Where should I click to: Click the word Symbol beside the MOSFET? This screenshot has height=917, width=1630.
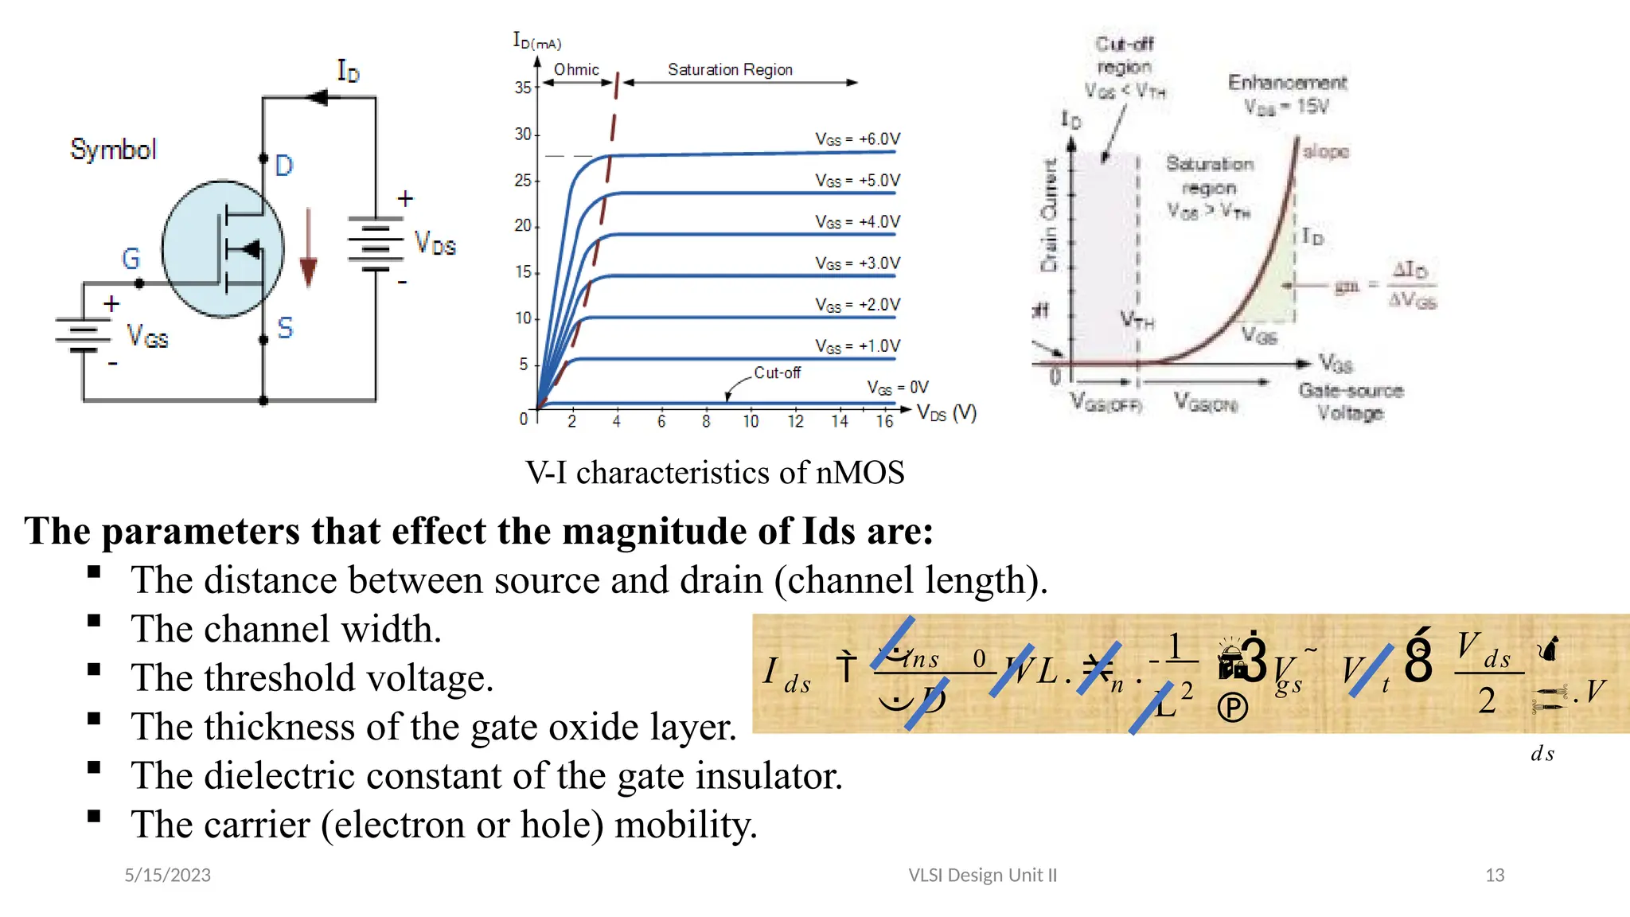113,149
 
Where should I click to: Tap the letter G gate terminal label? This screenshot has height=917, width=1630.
131,258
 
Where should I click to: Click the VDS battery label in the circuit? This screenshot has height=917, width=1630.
435,243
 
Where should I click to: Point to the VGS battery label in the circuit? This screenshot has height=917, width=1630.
147,336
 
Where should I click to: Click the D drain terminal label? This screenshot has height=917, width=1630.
284,166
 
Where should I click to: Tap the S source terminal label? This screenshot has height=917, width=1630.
285,327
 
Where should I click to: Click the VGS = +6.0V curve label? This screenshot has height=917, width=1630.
857,139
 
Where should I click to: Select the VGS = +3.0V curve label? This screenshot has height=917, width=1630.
857,263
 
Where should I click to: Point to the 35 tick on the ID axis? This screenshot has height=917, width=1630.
522,88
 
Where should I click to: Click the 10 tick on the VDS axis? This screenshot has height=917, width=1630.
751,421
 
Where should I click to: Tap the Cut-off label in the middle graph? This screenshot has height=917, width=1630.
777,373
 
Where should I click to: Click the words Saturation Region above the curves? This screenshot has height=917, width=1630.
730,70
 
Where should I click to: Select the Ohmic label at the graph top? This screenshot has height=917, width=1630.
576,70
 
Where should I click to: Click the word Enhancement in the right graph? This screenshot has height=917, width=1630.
1287,83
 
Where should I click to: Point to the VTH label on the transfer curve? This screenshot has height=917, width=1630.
1137,321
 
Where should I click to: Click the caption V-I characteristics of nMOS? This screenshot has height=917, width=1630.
714,473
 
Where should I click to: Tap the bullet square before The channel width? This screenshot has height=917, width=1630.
95,621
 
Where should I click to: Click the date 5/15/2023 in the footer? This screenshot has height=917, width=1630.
167,875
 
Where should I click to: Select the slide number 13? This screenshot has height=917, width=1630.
1494,875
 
